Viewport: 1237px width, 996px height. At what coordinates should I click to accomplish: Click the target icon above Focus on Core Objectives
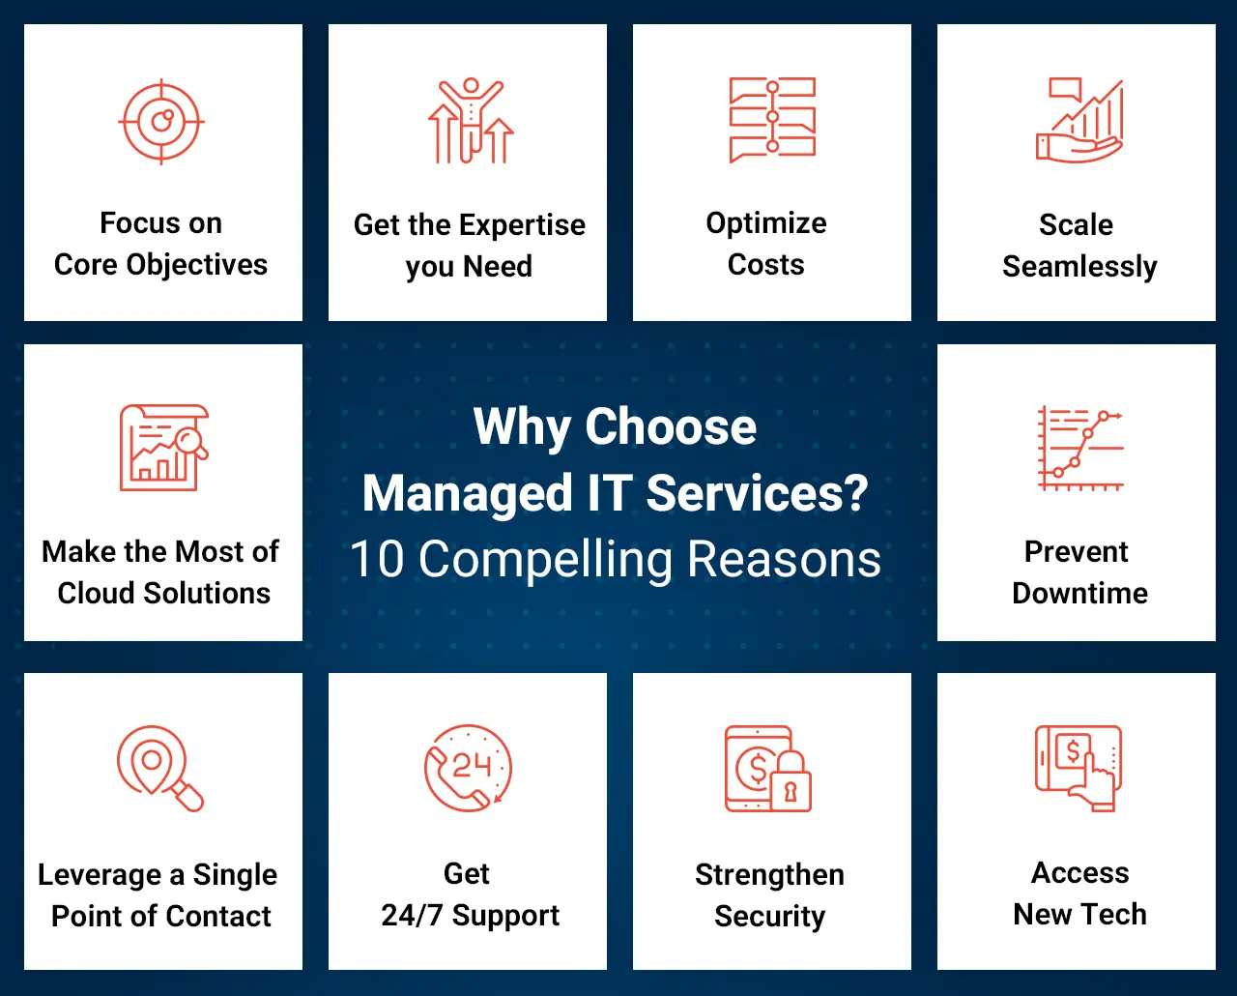tap(161, 122)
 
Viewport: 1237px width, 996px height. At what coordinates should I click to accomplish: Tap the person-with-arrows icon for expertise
tap(471, 122)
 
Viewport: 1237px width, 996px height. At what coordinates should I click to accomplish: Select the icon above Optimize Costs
tap(772, 120)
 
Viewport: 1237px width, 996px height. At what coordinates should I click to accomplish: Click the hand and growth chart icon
tap(1079, 122)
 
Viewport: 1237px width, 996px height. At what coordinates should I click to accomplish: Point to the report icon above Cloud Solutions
tap(163, 448)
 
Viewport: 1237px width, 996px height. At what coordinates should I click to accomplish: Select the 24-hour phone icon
tap(469, 768)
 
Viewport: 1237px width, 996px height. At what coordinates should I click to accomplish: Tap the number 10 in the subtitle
tap(377, 560)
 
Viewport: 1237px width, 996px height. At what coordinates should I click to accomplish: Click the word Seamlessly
tap(1079, 266)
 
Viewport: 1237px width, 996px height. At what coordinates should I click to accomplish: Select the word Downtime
tap(1079, 593)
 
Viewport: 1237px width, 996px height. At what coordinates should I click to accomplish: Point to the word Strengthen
tap(769, 874)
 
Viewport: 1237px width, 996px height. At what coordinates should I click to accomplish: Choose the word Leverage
tap(100, 874)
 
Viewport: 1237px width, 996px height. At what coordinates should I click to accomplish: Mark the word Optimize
tap(766, 223)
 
